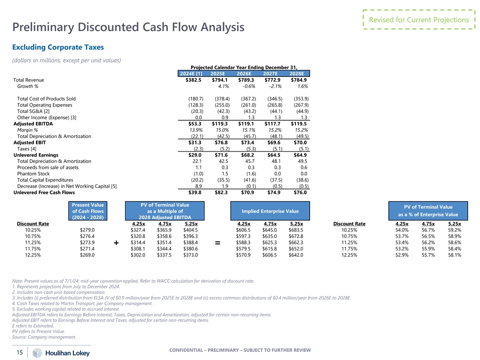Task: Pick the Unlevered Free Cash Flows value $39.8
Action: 193,192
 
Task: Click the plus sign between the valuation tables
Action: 116,243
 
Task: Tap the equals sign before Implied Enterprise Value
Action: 217,243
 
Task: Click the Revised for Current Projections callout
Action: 418,20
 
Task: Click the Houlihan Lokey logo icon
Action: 37,353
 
